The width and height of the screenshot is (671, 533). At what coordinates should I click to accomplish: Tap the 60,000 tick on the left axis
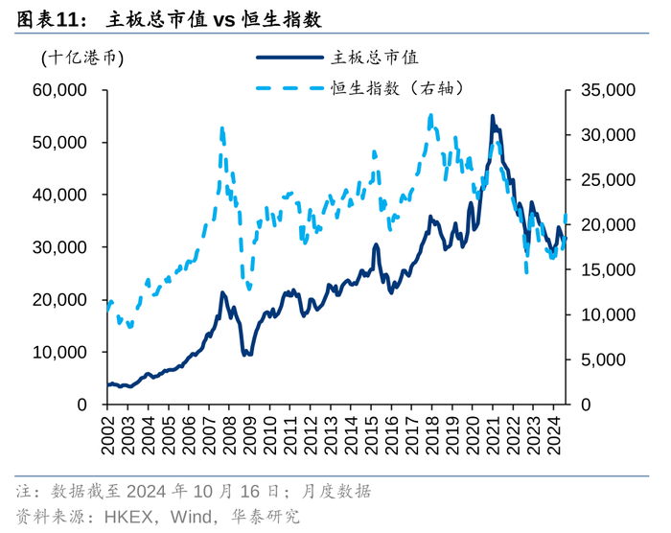pyautogui.click(x=59, y=90)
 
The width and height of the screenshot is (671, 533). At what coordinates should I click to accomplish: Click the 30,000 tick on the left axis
pyautogui.click(x=59, y=247)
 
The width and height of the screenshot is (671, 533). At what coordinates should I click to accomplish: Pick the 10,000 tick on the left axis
pyautogui.click(x=59, y=352)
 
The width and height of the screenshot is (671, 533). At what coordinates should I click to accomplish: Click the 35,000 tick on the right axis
pyautogui.click(x=608, y=90)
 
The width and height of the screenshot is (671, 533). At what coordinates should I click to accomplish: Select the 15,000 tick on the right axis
pyautogui.click(x=608, y=269)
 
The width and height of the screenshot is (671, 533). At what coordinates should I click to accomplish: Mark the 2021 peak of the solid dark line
pyautogui.click(x=493, y=117)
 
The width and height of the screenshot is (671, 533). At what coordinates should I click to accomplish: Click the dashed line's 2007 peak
pyautogui.click(x=221, y=127)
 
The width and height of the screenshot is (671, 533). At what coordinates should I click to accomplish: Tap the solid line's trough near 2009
pyautogui.click(x=246, y=355)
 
